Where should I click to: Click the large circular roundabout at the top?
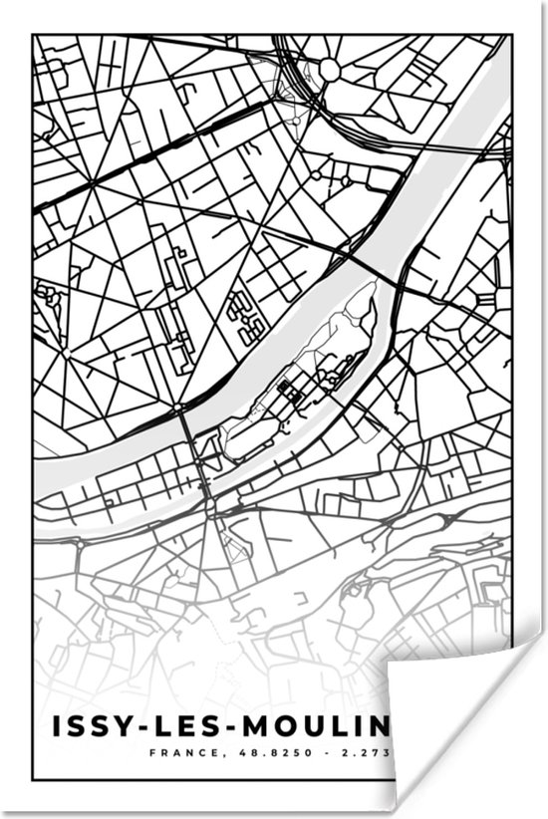329,69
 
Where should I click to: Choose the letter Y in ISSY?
125,725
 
